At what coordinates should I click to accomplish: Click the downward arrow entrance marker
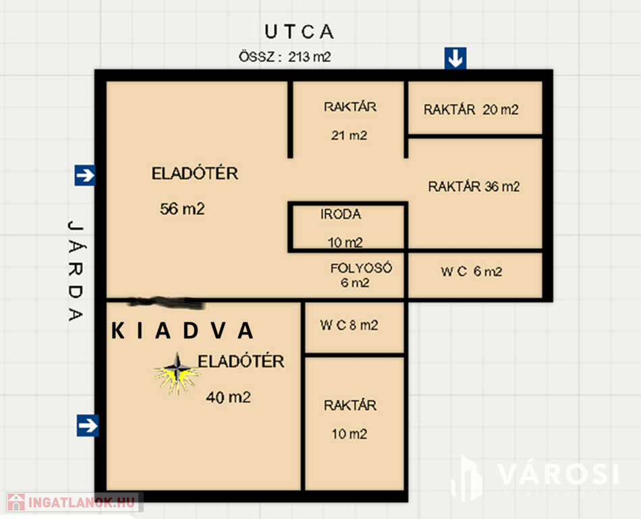coord(455,58)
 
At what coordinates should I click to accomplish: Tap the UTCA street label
coord(299,32)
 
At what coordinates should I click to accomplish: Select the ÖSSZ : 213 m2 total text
coord(285,57)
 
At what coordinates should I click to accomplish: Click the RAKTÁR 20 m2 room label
coord(471,109)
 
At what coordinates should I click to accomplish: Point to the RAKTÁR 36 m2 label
coord(474,187)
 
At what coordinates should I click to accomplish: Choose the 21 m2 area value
coord(349,135)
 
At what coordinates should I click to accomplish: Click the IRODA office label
coord(341,214)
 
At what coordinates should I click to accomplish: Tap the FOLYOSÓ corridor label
coord(361,268)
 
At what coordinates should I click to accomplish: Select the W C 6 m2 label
coord(472,272)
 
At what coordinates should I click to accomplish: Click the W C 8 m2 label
coord(349,326)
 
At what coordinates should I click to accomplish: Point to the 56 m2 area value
coord(182,209)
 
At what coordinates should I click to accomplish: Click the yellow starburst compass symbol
coord(177,374)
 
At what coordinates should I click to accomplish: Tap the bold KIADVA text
coord(182,330)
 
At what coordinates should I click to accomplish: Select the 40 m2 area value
coord(228,397)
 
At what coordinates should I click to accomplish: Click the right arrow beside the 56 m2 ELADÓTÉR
coord(85,175)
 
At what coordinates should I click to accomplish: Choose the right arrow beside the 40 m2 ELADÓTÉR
coord(88,426)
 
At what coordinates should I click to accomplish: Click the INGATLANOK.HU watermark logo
coord(75,502)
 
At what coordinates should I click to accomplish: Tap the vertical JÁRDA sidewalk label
coord(76,271)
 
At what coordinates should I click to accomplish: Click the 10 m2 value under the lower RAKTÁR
coord(349,434)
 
